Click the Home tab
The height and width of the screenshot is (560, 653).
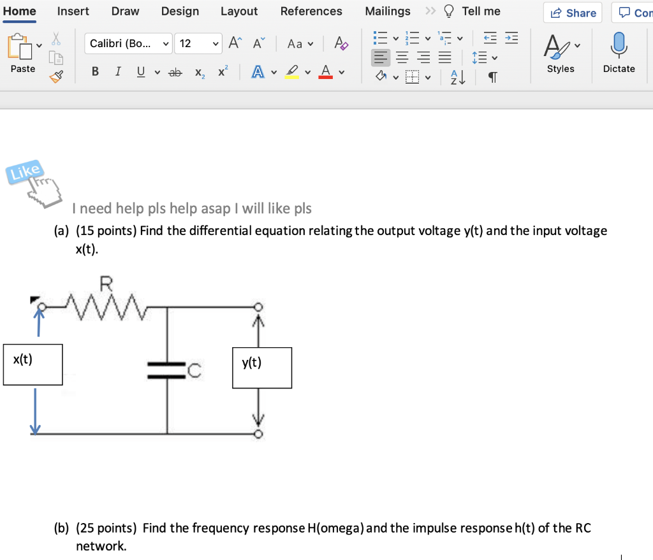click(x=19, y=11)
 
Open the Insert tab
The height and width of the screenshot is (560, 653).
click(x=73, y=11)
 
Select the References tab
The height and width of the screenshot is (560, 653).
click(x=311, y=11)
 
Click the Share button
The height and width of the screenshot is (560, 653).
click(x=573, y=13)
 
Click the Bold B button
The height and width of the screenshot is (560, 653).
click(x=95, y=72)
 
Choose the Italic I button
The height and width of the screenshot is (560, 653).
click(x=118, y=72)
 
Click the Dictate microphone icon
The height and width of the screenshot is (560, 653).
click(x=619, y=46)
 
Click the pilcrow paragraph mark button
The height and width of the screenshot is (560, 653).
click(x=492, y=78)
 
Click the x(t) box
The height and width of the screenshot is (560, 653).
click(x=33, y=364)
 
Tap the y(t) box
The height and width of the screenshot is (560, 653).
click(x=261, y=368)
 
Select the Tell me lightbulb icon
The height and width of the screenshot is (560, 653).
click(x=450, y=11)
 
